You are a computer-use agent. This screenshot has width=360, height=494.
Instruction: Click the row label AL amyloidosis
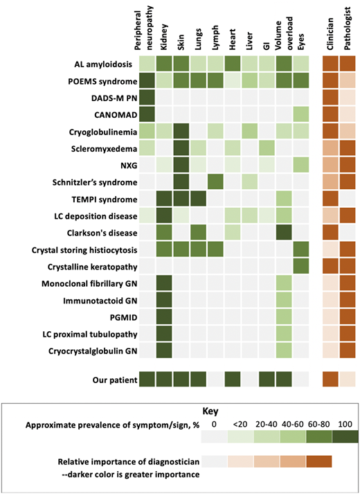[x=103, y=64]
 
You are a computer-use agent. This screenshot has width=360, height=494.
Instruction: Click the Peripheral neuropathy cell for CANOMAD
[x=147, y=114]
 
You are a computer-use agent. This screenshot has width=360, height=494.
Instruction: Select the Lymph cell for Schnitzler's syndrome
[x=216, y=181]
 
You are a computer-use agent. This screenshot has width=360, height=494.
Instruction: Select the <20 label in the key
[x=240, y=423]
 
